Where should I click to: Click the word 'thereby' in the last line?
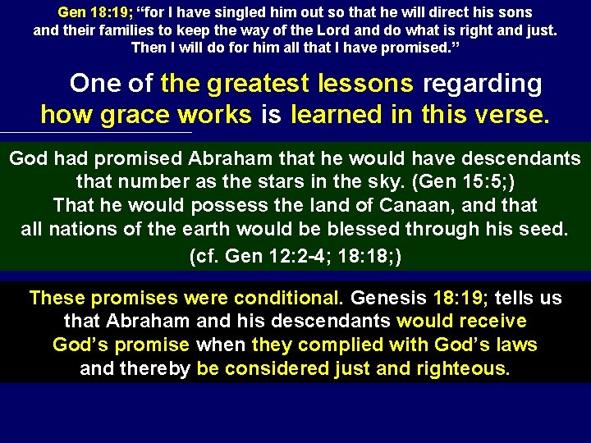(x=155, y=369)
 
